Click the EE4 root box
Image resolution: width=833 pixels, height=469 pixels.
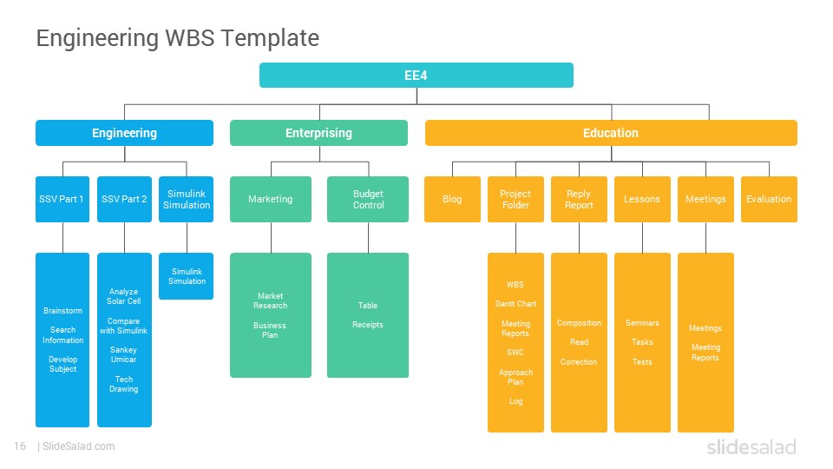point(416,75)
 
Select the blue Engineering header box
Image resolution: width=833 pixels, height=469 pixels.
point(124,133)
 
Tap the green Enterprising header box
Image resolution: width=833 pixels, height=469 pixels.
point(318,133)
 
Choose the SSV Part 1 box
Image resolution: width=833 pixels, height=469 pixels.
point(62,200)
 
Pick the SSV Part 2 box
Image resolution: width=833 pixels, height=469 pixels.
point(124,200)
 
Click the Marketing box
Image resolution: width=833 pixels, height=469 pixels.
point(271,200)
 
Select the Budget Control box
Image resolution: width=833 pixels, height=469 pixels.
point(368,200)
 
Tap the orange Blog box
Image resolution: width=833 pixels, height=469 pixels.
point(452,200)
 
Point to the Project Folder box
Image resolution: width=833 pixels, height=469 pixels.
point(515,200)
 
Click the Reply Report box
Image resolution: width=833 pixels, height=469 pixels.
point(579,200)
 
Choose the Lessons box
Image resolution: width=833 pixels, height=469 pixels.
point(642,200)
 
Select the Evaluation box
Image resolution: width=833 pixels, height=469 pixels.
point(769,200)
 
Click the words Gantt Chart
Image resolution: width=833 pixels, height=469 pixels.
point(515,304)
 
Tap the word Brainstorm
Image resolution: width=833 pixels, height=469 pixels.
point(62,311)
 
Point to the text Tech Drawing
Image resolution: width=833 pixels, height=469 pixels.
point(124,384)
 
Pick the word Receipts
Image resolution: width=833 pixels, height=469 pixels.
point(368,324)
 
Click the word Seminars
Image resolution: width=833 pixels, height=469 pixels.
point(642,323)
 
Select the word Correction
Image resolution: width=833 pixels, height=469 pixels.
point(579,361)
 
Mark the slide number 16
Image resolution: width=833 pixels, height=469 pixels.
point(20,446)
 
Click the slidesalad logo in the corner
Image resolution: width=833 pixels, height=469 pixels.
point(751,446)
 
